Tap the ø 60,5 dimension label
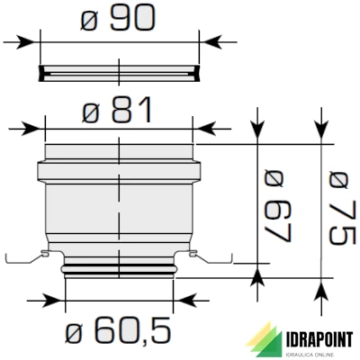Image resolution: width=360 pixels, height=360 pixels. (120, 332)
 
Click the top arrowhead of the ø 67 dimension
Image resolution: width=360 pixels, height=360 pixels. (259, 135)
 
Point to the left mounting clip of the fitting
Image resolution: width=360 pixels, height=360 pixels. (27, 258)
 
